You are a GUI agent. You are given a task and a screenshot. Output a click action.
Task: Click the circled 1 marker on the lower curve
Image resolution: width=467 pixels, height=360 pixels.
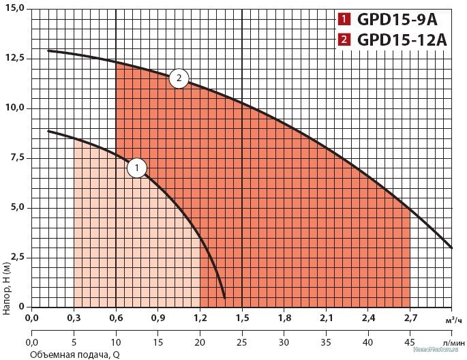click(x=137, y=168)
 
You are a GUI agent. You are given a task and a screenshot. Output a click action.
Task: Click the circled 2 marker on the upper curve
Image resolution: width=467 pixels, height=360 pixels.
click(x=179, y=79)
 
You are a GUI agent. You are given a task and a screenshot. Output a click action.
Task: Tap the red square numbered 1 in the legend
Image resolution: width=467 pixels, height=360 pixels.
click(x=345, y=19)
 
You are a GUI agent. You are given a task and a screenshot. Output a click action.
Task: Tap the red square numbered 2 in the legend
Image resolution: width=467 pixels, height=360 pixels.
click(x=345, y=39)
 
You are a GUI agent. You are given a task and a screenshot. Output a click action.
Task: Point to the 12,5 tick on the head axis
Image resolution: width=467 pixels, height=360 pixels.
click(x=14, y=59)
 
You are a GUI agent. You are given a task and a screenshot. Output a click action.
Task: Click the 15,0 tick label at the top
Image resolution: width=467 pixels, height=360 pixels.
click(x=14, y=8)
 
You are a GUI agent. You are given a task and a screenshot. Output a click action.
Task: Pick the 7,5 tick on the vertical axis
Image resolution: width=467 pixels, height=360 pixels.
click(x=14, y=158)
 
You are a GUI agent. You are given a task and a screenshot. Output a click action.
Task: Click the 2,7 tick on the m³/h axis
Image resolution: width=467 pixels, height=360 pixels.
click(x=410, y=317)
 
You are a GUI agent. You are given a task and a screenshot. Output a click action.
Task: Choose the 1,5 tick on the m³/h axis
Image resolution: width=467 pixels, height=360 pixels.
click(x=242, y=317)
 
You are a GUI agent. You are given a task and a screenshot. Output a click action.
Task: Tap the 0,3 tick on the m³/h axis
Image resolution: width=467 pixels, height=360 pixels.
click(x=74, y=317)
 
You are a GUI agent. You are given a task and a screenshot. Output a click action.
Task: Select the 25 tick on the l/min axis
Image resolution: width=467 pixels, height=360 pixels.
click(x=242, y=342)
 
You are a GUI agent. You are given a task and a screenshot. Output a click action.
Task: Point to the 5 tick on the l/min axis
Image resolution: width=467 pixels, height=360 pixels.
click(x=74, y=342)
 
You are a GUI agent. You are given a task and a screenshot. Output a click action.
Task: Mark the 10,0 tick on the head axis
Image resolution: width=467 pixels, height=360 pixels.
click(x=14, y=108)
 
